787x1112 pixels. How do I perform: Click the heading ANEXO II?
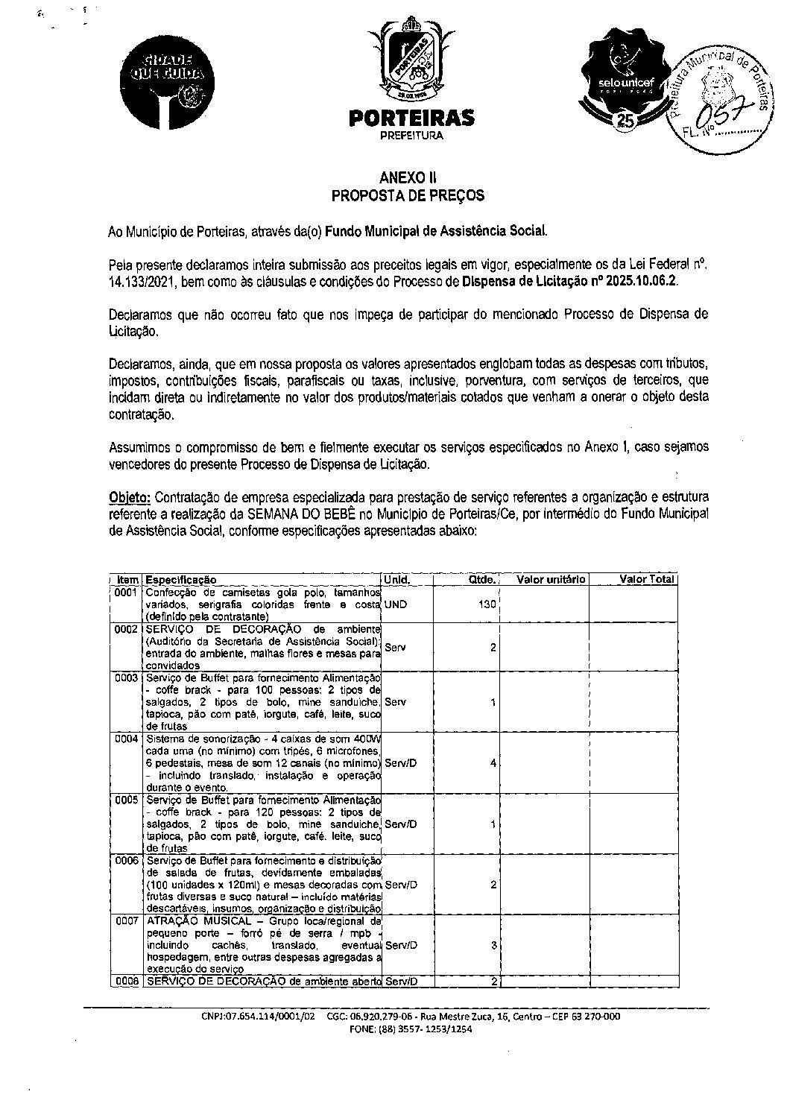click(408, 178)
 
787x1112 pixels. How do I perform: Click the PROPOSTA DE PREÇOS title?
click(408, 196)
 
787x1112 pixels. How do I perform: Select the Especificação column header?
click(181, 579)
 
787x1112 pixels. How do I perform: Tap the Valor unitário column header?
click(551, 579)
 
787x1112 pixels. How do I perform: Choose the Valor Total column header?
click(646, 579)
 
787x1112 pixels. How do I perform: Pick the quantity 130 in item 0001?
click(487, 604)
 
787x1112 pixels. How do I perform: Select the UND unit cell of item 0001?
click(396, 604)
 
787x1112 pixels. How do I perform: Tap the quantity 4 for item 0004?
click(493, 764)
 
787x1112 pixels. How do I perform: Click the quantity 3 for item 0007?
click(493, 945)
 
